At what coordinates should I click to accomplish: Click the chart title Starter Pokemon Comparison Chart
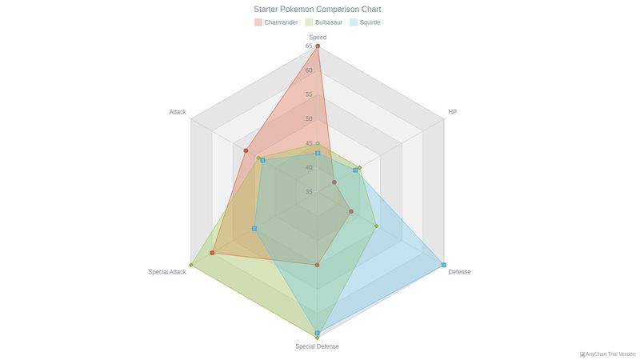point(318,10)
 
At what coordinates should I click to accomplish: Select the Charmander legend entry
point(276,22)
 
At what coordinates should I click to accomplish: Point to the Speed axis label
point(318,38)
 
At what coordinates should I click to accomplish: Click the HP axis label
point(453,112)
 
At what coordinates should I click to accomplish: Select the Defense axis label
point(459,272)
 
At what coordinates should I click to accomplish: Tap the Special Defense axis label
point(317,346)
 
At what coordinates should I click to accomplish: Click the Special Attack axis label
point(167,272)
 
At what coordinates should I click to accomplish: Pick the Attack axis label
point(178,112)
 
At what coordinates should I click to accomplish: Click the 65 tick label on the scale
point(309,46)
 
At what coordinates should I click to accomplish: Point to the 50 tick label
point(309,119)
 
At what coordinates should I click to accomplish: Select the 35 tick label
point(309,192)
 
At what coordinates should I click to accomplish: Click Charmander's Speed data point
point(318,46)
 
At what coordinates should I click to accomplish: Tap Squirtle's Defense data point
point(444,265)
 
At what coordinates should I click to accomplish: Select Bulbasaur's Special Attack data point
point(191,265)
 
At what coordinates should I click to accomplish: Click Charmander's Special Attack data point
point(212,253)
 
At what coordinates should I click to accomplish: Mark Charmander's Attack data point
point(246,150)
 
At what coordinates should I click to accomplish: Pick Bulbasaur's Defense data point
point(376,226)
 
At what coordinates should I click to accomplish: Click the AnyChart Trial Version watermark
point(607,354)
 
